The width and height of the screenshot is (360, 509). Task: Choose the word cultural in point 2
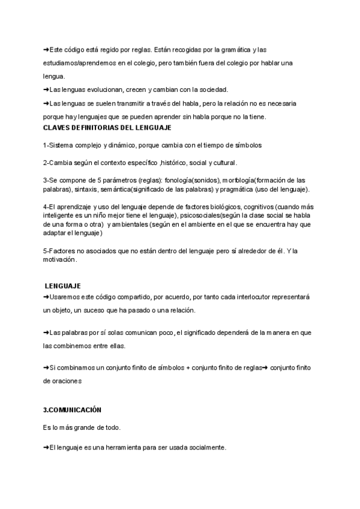pos(224,163)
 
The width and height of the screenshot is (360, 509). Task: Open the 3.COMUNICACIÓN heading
pos(72,410)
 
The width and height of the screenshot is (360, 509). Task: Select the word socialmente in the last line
pos(205,448)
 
